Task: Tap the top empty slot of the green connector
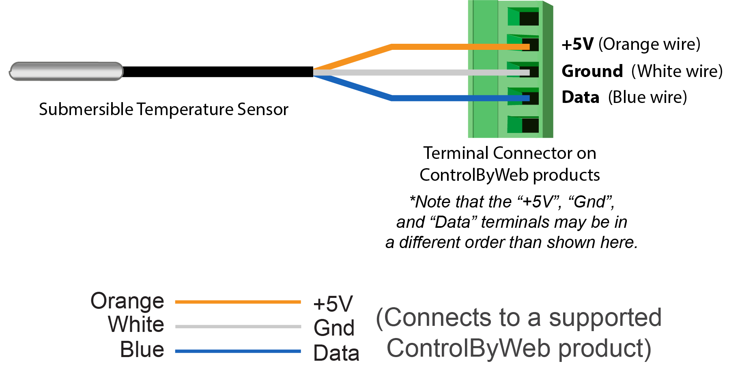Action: [x=523, y=17]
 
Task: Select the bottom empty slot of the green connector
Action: [x=523, y=125]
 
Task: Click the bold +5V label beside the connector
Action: [x=577, y=44]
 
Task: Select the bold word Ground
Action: [x=592, y=71]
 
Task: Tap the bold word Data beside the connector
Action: [x=580, y=97]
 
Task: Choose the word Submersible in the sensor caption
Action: [x=86, y=109]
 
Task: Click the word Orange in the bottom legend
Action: [x=127, y=301]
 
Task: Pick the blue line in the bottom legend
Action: [x=238, y=351]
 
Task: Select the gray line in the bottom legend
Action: [x=238, y=326]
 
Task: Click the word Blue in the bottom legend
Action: [x=142, y=349]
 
